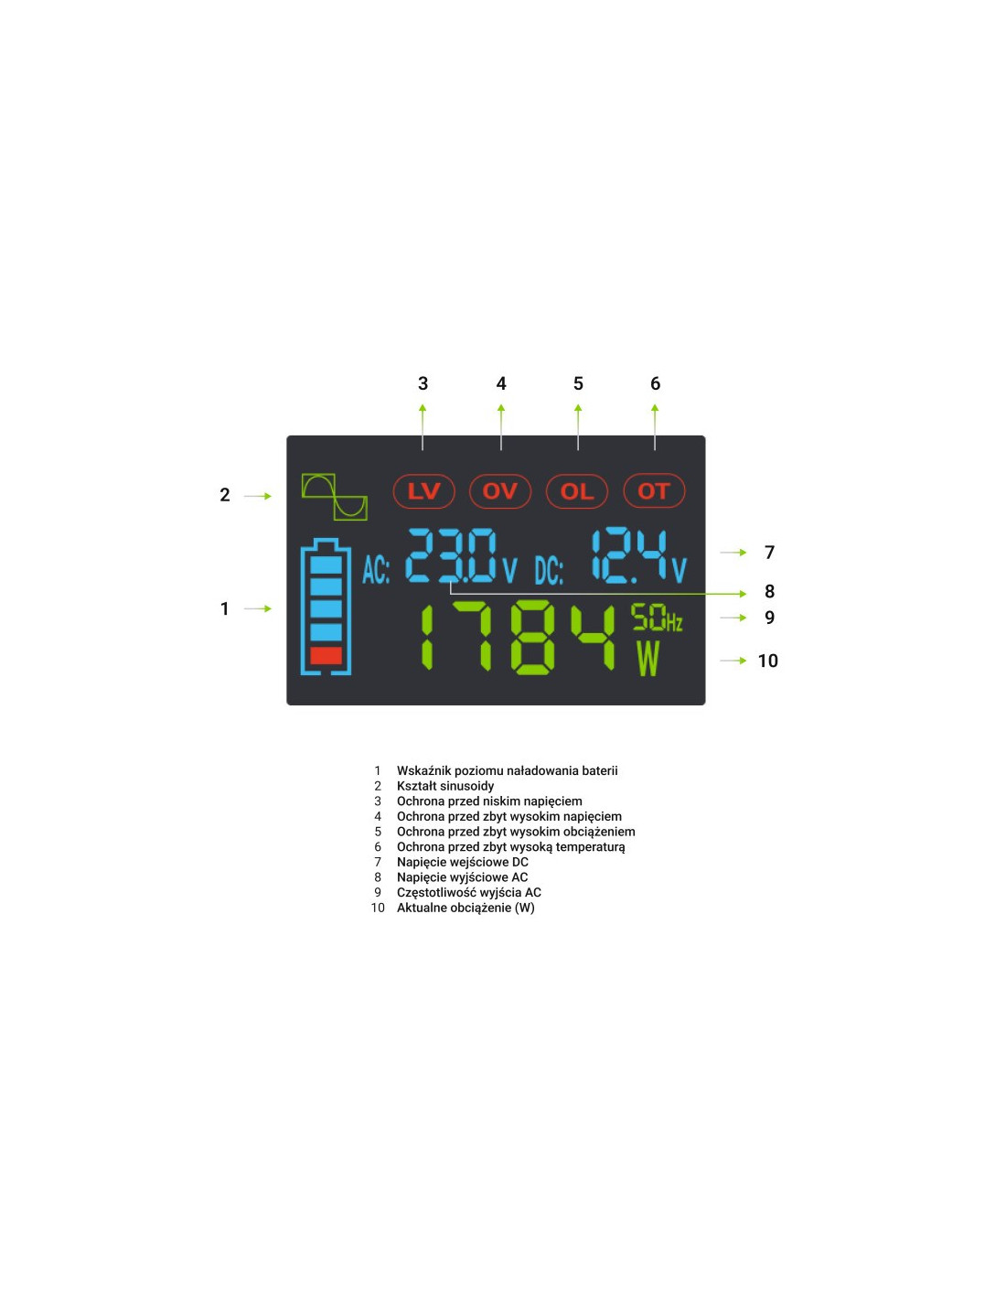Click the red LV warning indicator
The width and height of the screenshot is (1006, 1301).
423,491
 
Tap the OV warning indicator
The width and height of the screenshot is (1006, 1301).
499,491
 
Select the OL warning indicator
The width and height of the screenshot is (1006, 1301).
577,491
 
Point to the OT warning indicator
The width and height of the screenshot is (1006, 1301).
654,491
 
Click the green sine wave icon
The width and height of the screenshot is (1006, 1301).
335,496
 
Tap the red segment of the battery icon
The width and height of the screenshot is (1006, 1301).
326,655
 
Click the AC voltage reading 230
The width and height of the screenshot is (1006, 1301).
451,555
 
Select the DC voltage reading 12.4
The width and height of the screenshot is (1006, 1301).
629,555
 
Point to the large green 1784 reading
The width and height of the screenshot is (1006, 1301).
519,637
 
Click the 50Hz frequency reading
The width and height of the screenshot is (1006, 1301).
657,618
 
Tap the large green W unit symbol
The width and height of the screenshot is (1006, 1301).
648,658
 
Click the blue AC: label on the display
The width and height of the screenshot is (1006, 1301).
376,571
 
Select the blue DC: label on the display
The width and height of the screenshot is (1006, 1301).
549,571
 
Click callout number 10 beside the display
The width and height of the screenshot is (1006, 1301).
768,661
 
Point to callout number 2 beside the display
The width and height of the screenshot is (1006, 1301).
224,495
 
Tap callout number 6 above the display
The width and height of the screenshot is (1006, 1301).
656,383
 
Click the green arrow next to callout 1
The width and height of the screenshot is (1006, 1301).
258,608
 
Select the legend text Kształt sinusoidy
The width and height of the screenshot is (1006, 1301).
445,786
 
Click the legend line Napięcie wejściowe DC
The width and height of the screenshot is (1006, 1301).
463,862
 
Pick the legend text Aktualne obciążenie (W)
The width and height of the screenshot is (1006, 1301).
466,908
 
